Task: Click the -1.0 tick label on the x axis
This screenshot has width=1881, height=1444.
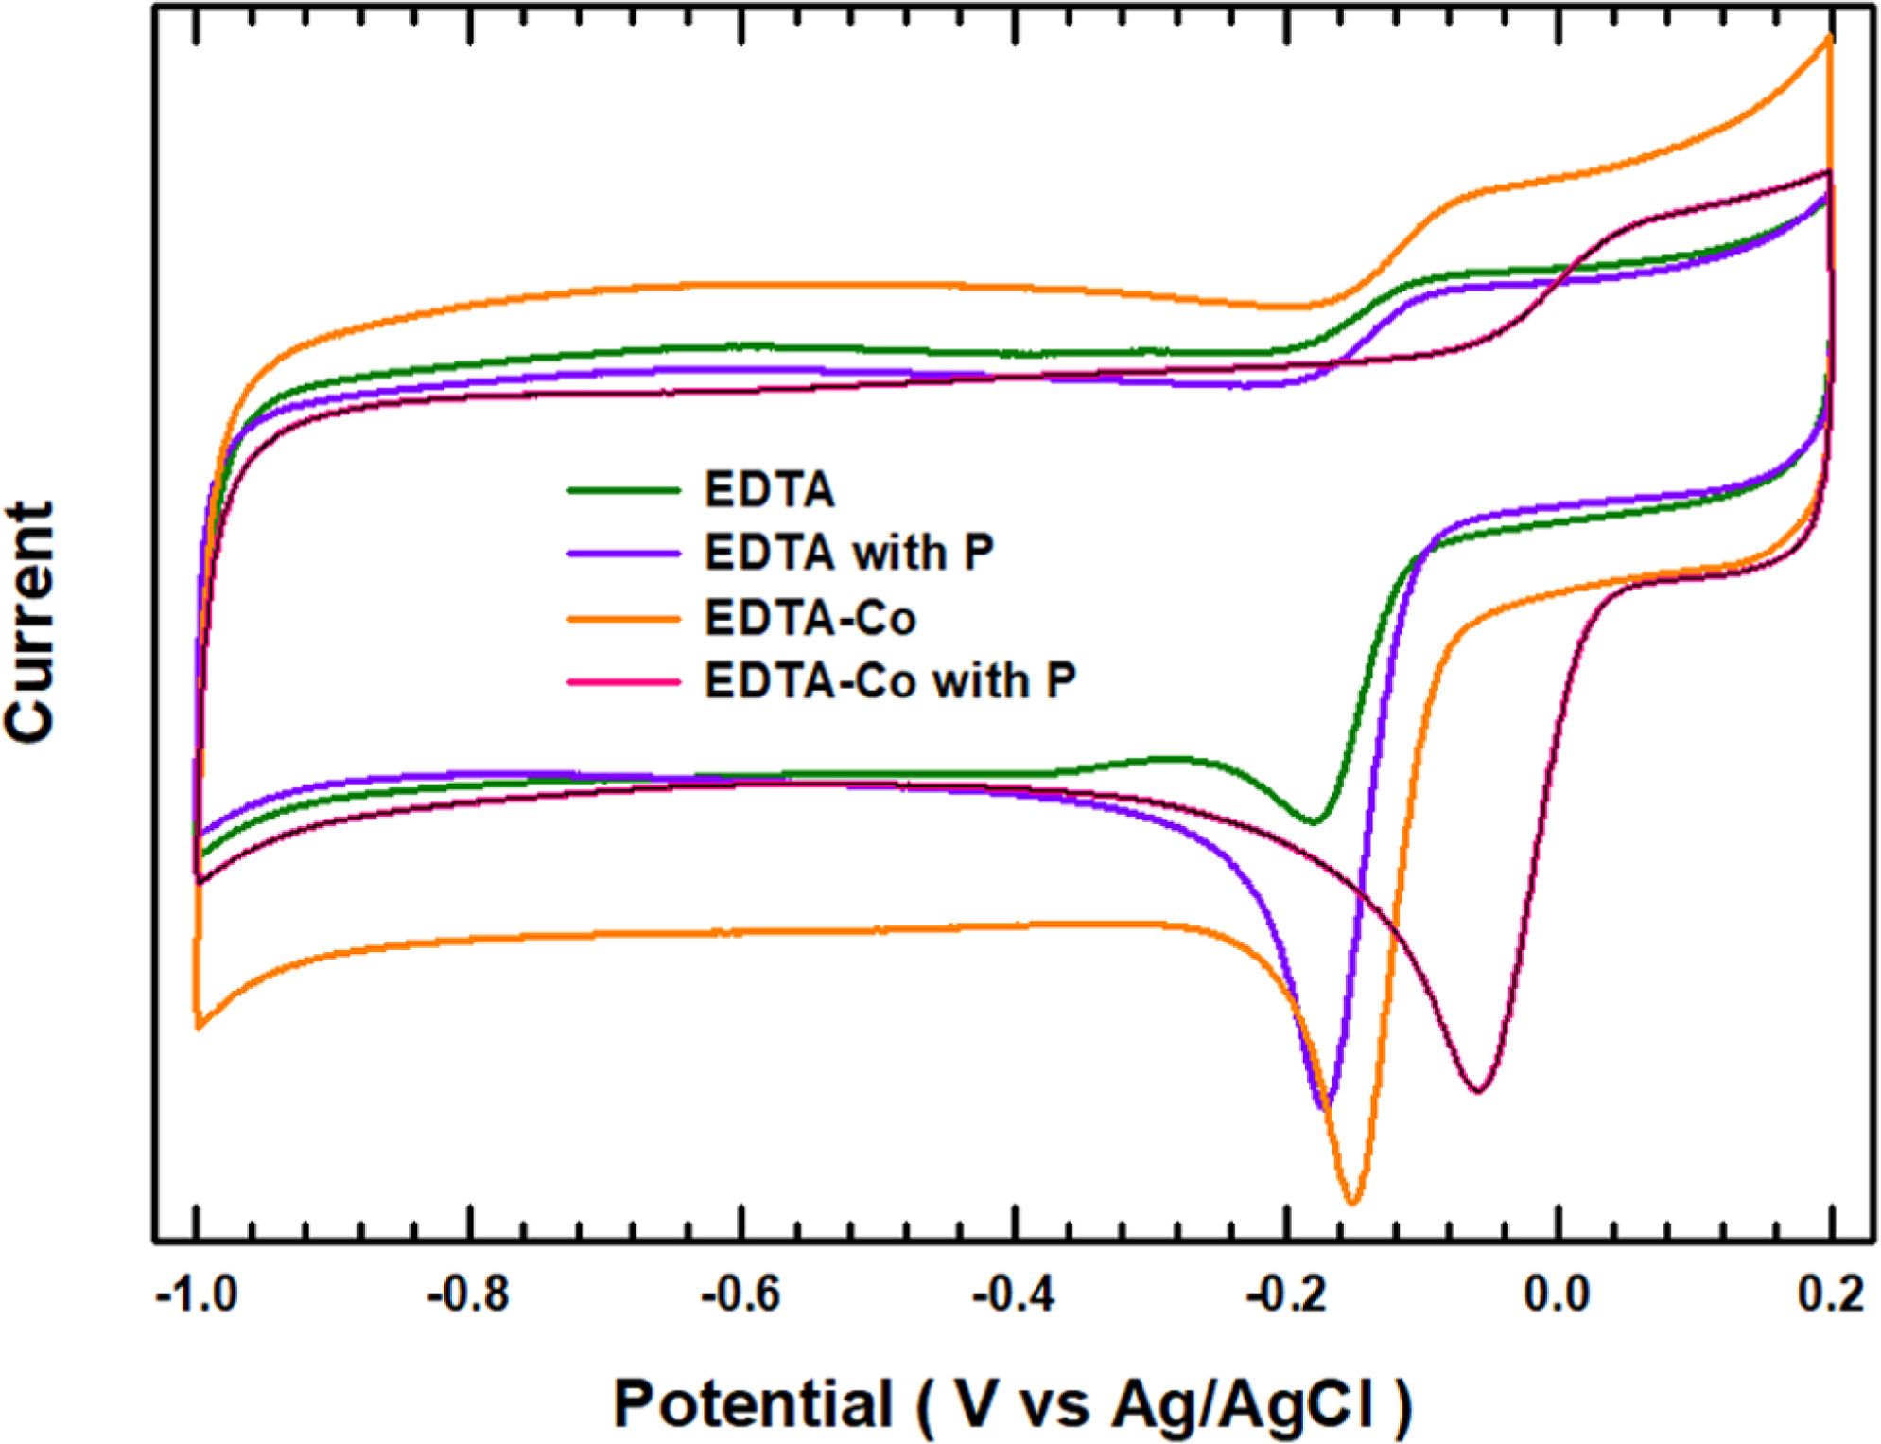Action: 198,1294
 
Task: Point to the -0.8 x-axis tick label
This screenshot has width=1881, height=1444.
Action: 468,1294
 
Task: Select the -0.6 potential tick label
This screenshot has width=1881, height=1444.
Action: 741,1294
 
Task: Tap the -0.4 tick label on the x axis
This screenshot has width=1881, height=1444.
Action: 1014,1294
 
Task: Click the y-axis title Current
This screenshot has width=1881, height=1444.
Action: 30,622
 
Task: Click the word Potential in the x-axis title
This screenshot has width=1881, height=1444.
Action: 753,1402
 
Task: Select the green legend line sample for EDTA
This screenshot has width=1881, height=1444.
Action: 623,490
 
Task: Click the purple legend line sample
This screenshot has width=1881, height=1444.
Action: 623,553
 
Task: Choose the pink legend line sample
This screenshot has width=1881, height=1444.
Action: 623,681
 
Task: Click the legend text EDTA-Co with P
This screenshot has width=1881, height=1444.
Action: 890,681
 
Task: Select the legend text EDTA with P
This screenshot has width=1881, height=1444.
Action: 849,553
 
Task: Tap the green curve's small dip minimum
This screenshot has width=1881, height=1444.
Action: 1313,822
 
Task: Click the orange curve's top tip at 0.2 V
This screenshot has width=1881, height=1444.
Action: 1830,38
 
